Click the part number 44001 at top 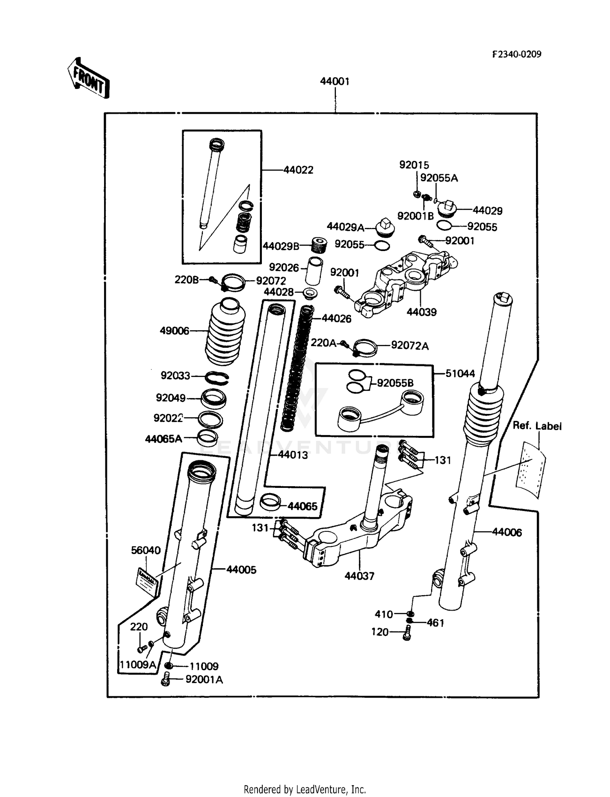tap(334, 81)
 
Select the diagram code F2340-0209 tap(516, 54)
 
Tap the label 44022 tap(298, 170)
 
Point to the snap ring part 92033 tap(217, 378)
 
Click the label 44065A tap(163, 439)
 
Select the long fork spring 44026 tap(297, 370)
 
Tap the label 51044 tap(460, 373)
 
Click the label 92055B tap(395, 383)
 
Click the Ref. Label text tap(537, 426)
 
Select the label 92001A tap(204, 680)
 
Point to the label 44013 tap(293, 455)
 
